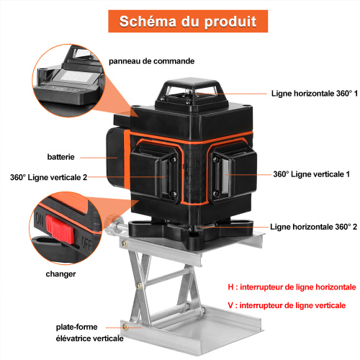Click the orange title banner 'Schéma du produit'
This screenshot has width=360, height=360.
coord(188,21)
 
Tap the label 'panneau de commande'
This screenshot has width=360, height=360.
coord(151,61)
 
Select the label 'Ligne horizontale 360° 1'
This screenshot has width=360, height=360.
coord(314,94)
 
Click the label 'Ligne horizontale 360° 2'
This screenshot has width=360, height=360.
coord(313,227)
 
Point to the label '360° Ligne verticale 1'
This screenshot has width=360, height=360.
coord(311,174)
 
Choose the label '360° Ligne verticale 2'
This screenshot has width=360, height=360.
coord(48,177)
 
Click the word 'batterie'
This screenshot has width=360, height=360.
coord(60,157)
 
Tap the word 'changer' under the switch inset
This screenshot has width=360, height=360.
coord(60,274)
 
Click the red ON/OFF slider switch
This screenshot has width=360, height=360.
coord(60,229)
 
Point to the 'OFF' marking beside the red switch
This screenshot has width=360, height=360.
coord(86,244)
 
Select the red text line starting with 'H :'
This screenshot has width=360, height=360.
coord(292,287)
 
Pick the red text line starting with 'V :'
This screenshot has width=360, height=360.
coord(287,305)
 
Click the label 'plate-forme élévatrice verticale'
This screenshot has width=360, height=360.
coord(89,333)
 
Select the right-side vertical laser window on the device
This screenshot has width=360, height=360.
coord(225,175)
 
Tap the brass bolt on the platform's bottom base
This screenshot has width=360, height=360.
coord(125,327)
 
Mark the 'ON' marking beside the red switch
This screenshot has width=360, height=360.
coord(40,219)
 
